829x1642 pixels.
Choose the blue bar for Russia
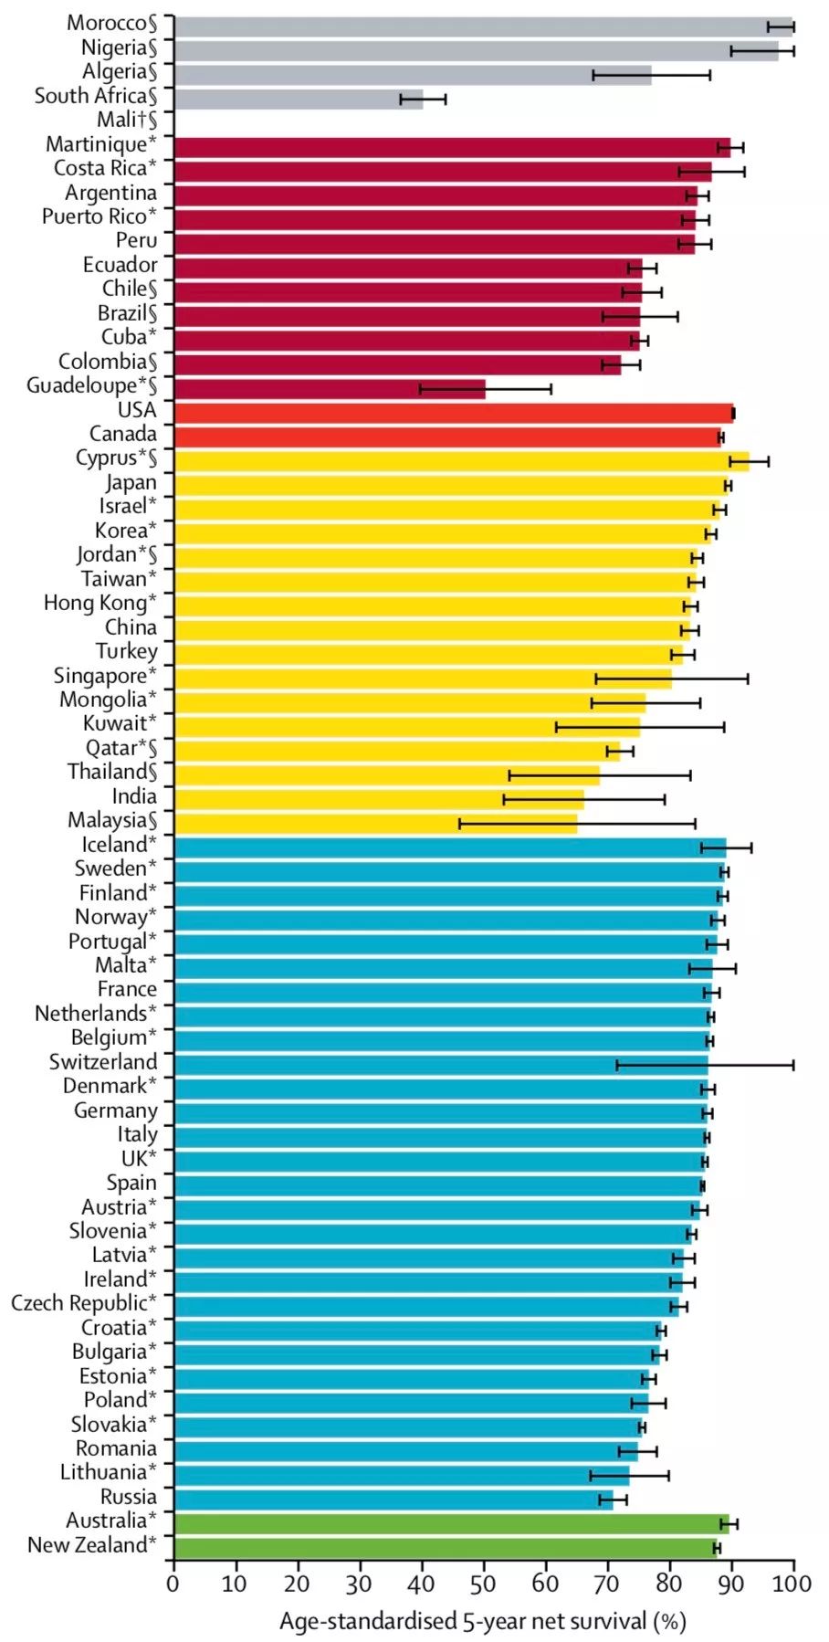[x=393, y=1499]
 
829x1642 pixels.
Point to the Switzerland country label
[x=103, y=1062]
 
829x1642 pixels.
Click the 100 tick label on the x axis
[x=793, y=1583]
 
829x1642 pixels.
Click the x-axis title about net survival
[x=482, y=1621]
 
